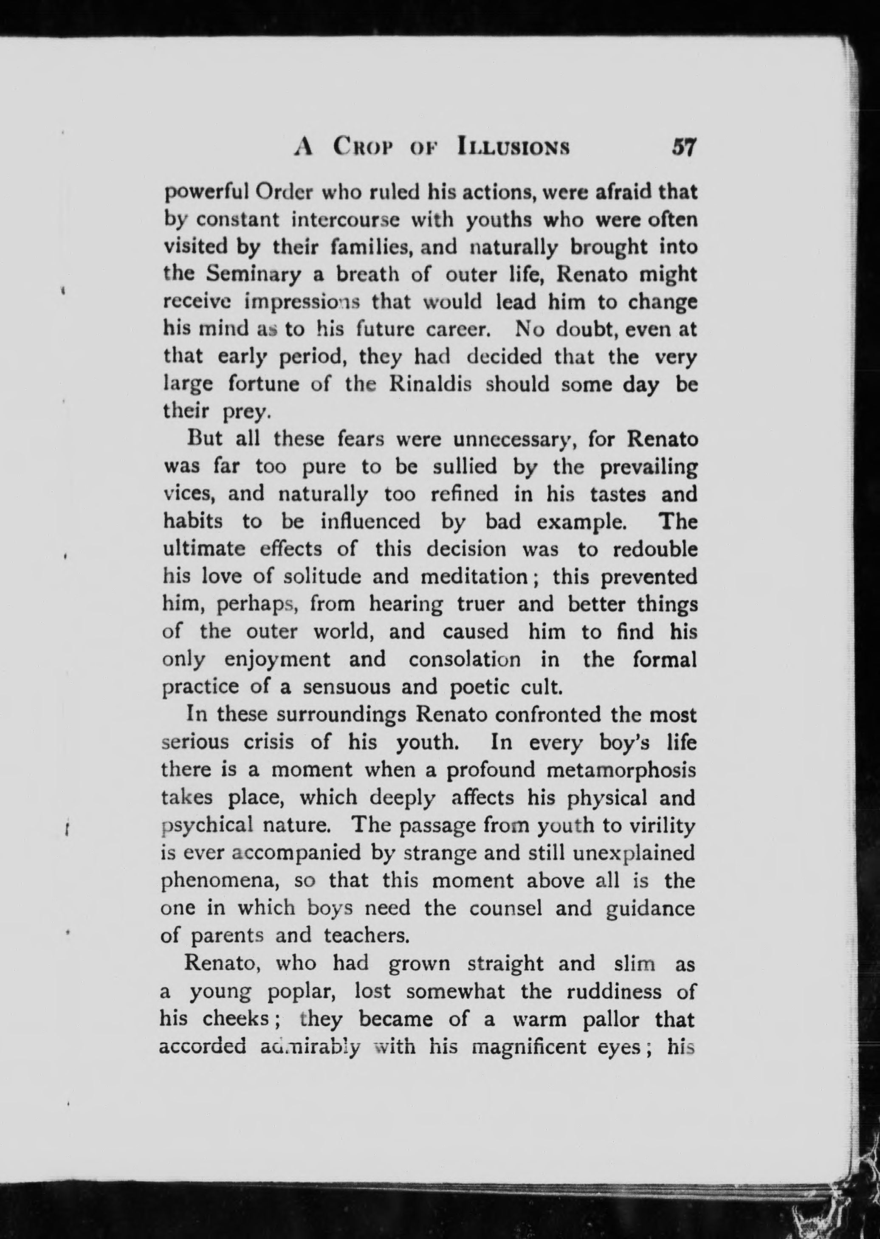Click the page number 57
point(683,147)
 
